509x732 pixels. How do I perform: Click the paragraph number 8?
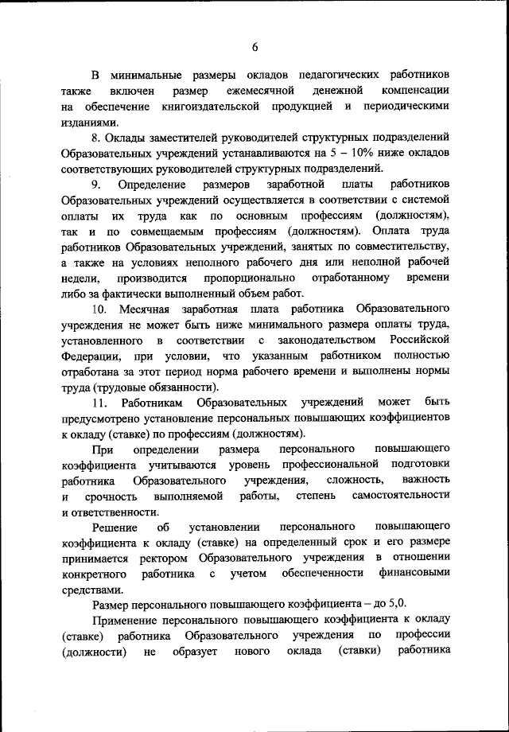coord(97,138)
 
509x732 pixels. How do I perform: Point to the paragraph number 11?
coord(101,403)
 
